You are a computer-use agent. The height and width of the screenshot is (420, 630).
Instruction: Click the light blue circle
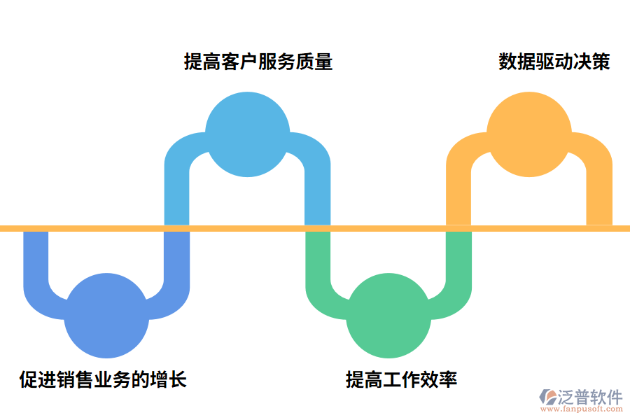coord(247,134)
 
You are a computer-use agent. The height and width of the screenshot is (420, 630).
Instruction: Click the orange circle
coord(528,134)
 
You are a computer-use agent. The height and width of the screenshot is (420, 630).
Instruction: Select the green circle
coord(389,316)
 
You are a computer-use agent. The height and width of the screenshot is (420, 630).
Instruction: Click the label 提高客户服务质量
coord(258,62)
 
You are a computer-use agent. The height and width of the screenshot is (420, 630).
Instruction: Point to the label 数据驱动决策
coord(554,62)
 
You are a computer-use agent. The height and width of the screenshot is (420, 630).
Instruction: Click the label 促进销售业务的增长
coord(103,380)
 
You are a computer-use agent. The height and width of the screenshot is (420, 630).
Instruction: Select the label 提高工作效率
coord(401,380)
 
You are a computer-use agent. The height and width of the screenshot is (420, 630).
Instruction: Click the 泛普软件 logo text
coord(590,397)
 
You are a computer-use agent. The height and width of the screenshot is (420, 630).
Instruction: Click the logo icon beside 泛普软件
coord(547,400)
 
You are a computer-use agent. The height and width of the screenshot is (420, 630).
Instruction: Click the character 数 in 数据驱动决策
coord(507,62)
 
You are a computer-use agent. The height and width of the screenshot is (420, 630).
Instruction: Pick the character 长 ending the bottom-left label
coord(178,380)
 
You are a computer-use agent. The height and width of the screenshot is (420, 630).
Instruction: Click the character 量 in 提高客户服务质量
coord(323,62)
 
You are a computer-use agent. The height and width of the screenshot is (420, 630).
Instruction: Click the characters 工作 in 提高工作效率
coord(401,380)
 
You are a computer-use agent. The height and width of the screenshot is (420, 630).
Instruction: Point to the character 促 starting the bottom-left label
coord(28,380)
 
